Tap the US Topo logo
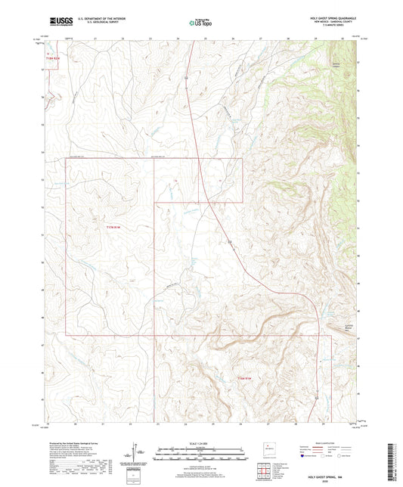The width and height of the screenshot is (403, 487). coord(200,23)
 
